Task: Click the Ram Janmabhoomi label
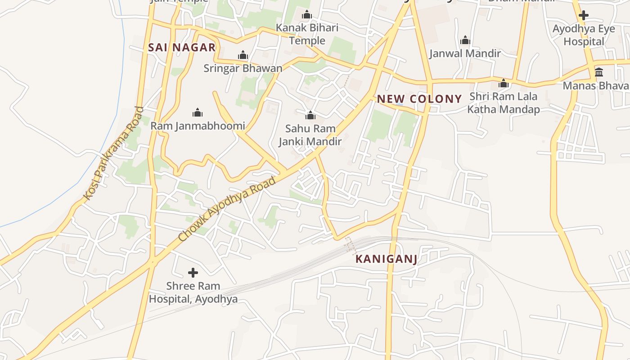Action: point(198,126)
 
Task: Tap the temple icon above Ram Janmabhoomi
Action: point(197,112)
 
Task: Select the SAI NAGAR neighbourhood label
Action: point(182,48)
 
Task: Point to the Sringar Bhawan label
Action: point(243,68)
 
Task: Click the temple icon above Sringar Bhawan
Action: point(243,55)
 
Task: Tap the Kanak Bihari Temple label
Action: point(307,34)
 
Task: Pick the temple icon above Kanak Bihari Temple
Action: point(307,15)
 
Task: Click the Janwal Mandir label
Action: point(465,54)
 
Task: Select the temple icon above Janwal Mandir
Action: point(465,40)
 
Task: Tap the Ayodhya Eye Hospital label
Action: point(584,35)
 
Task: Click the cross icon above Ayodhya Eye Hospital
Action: point(584,15)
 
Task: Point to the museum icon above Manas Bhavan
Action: point(599,72)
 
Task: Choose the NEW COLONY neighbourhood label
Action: point(419,99)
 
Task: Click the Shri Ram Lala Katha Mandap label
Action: point(503,103)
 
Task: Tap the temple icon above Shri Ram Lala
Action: point(503,83)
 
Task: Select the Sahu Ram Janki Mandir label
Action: point(310,135)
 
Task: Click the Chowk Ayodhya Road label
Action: point(227,209)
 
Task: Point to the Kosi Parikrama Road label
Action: point(114,153)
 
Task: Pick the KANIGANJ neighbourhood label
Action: point(386,259)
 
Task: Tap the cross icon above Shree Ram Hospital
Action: point(193,273)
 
